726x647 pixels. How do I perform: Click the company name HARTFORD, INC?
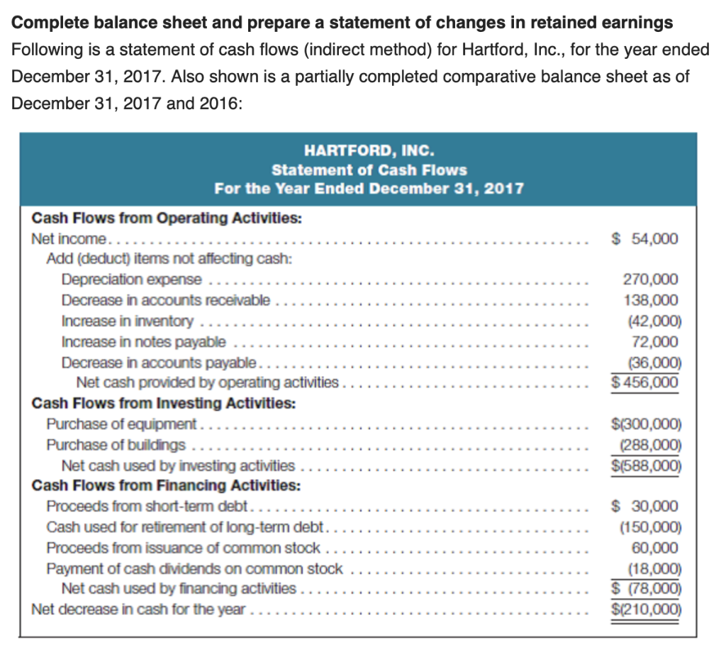click(x=369, y=150)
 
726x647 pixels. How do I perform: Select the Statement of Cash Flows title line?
click(x=369, y=170)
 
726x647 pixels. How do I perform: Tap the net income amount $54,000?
click(x=644, y=238)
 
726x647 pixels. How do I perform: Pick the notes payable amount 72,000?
click(x=655, y=342)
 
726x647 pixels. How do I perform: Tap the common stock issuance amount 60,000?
click(x=655, y=548)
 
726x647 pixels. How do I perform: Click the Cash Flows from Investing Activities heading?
click(x=164, y=404)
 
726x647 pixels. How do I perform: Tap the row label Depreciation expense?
click(x=131, y=280)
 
